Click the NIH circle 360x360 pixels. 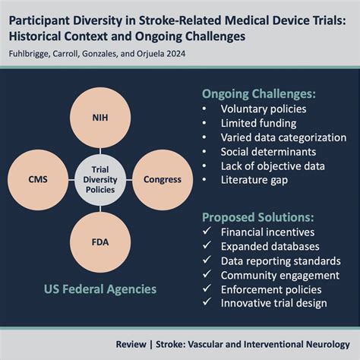tap(100, 118)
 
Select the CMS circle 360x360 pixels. tap(38, 180)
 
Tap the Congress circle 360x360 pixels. tap(163, 180)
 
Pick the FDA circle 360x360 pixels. tap(100, 242)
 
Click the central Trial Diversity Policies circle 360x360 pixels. tap(100, 180)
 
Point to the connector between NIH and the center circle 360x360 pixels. tap(100, 151)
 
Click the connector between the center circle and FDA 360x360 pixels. tap(100, 209)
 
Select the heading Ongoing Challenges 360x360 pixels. tap(259, 94)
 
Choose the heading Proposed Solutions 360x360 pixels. tap(257, 217)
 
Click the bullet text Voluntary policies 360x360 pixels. tap(264, 109)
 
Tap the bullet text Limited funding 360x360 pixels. tap(258, 123)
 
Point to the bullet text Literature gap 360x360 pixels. tap(254, 180)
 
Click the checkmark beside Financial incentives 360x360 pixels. tap(207, 231)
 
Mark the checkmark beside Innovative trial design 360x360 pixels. tap(207, 302)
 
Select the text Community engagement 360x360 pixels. tap(280, 276)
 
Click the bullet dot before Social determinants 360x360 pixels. tap(204, 152)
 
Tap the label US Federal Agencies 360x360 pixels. tap(100, 289)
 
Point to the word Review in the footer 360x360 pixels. tap(131, 344)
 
